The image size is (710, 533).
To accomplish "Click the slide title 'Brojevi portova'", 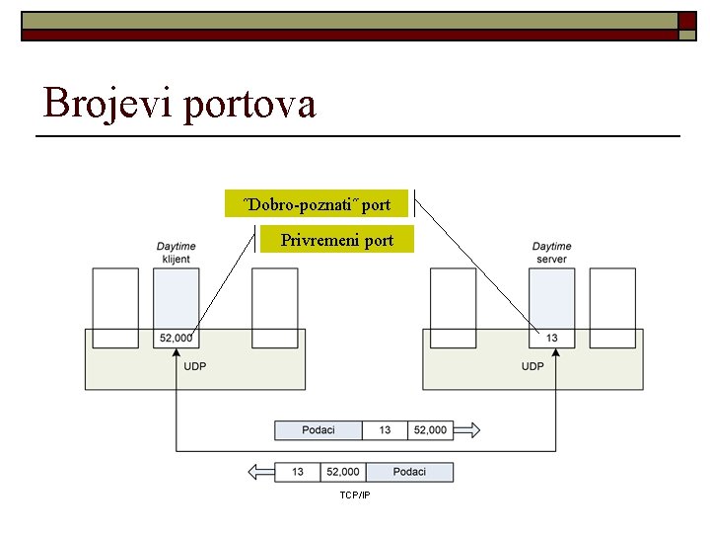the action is pos(179,102).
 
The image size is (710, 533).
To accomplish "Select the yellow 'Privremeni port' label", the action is pos(336,240).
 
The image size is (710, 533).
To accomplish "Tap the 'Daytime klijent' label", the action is pos(176,253).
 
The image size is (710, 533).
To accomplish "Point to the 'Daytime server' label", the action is pos(551,253).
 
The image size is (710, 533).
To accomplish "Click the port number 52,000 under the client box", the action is pos(176,338).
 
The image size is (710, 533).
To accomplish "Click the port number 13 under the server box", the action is pos(551,338).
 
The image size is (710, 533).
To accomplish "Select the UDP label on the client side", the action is pos(195,366).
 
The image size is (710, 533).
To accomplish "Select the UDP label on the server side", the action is pos(532,366).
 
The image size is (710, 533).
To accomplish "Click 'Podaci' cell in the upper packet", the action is pos(319,429).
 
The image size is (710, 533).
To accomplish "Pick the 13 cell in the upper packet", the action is pos(385,429).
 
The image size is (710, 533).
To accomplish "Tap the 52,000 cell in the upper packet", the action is pos(430,429).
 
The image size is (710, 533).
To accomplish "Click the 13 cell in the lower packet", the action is pos(298,472).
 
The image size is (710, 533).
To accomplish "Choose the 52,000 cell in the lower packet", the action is pos(343,472).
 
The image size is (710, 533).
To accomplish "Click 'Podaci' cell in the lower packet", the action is pos(409,472).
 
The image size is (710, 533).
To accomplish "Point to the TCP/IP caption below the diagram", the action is pos(354,495).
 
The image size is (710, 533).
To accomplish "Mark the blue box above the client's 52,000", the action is pos(177,296).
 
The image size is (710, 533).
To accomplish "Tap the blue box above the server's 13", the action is pos(551,296).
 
